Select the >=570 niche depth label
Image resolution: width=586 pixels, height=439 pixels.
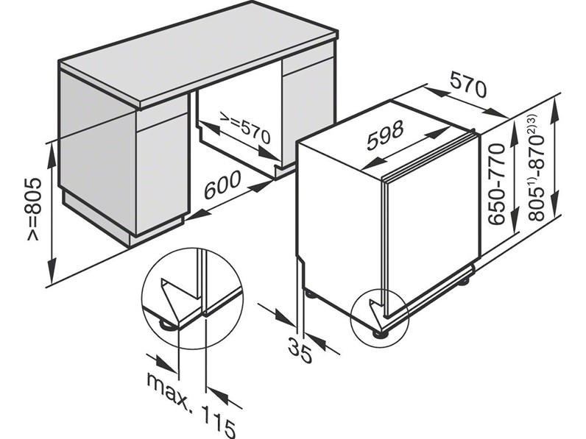tap(245, 127)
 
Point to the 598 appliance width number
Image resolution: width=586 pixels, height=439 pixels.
tap(385, 135)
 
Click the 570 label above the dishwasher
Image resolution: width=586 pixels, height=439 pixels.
tap(469, 85)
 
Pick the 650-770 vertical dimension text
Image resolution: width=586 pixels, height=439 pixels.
tap(497, 184)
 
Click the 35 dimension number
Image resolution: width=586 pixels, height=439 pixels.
tap(300, 350)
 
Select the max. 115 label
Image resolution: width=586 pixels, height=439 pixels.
tap(191, 404)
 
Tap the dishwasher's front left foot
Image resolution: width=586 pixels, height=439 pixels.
tap(380, 333)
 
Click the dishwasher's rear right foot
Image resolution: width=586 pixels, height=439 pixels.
tap(465, 280)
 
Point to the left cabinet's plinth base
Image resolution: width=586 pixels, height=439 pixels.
tap(124, 224)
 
